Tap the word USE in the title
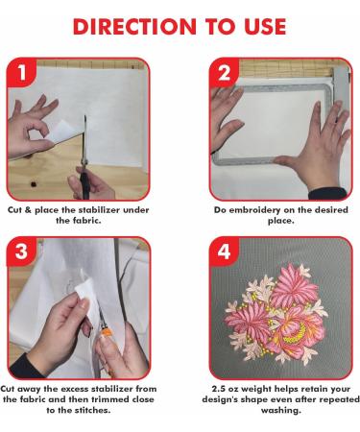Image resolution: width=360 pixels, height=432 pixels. click(x=265, y=27)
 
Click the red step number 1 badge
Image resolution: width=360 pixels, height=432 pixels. click(x=21, y=72)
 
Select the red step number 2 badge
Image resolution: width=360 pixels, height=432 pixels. click(x=224, y=73)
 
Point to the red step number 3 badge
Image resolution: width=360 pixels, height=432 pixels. click(x=21, y=252)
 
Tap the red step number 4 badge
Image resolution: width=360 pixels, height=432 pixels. click(x=224, y=252)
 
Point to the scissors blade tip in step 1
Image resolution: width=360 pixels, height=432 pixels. click(x=85, y=116)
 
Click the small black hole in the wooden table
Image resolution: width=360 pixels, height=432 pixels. click(x=33, y=184)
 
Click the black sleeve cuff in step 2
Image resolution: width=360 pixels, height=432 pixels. click(x=327, y=194)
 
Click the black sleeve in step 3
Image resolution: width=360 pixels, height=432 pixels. click(x=26, y=367)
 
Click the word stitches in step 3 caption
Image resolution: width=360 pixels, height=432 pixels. click(x=92, y=410)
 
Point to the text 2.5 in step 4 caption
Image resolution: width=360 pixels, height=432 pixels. click(x=219, y=389)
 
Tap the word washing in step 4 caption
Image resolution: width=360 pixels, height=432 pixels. click(x=281, y=411)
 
